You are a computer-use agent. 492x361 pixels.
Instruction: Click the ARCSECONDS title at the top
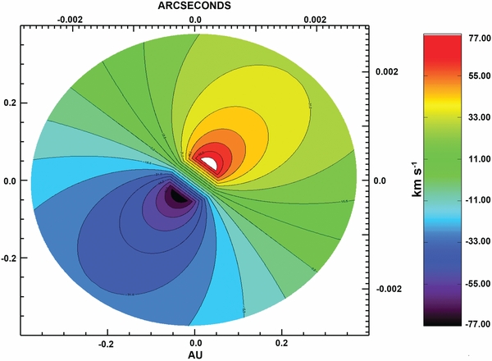coord(194,5)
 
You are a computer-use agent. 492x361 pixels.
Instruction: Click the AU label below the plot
coord(195,354)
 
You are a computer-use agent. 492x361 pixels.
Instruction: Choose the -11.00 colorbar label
coord(463,178)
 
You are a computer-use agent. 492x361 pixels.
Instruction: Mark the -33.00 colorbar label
coord(463,213)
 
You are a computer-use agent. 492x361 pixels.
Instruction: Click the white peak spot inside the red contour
coord(211,163)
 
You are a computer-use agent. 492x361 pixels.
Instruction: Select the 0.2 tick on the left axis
coord(11,103)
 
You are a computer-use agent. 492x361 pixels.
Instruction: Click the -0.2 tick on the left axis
coord(9,258)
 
